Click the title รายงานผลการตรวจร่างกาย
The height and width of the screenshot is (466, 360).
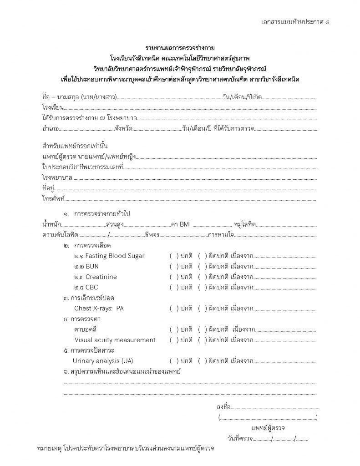(180, 48)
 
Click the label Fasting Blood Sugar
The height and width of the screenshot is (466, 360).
(110, 256)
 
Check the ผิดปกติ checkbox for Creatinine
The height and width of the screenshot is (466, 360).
(203, 277)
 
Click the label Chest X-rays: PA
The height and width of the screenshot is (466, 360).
(99, 308)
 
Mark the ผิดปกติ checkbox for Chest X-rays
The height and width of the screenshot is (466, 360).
(203, 308)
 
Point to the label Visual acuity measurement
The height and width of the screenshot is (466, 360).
(115, 340)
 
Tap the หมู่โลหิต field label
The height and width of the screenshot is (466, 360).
(244, 224)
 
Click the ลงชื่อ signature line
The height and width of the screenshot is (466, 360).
(275, 407)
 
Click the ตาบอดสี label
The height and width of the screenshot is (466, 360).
(86, 329)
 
